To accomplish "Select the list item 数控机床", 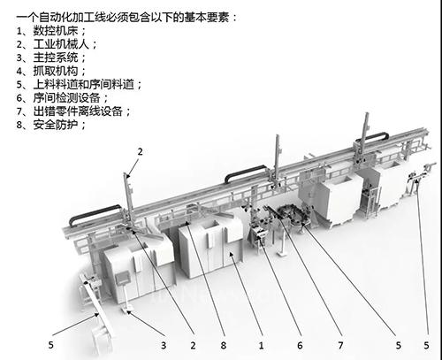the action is (x=55, y=31).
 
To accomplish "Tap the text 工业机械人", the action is (x=61, y=44).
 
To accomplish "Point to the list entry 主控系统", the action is (x=55, y=57).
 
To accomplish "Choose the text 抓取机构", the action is (x=55, y=71).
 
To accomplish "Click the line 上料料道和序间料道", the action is (x=83, y=85).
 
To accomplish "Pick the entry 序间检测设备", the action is (x=66, y=98).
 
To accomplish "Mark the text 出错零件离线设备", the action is (x=78, y=111).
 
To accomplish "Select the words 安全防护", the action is (x=55, y=125).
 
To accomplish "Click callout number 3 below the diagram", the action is (x=164, y=345).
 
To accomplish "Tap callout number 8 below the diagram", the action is (x=224, y=345).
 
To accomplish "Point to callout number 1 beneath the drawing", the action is (x=261, y=345).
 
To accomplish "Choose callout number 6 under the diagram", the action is (x=300, y=345).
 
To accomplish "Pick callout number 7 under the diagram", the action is (x=340, y=345).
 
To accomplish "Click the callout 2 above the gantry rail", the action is (x=140, y=152).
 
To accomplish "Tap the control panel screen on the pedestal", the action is (x=121, y=279).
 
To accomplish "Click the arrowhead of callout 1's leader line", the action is (x=231, y=254).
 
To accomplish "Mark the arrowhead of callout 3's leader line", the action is (x=128, y=312).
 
